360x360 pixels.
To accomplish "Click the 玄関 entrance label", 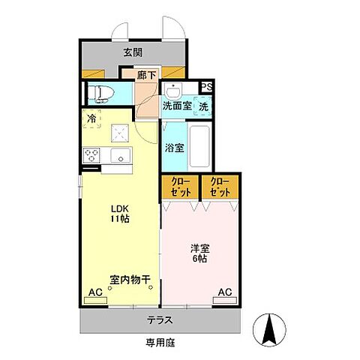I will coord(133,53).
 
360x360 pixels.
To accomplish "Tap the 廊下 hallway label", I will coord(146,74).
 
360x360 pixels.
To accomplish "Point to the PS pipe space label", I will coord(206,87).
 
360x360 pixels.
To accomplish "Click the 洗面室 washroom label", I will coord(177,106).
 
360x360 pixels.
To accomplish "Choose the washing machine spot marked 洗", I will coord(204,106).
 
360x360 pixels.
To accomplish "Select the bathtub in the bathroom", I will coord(198,148).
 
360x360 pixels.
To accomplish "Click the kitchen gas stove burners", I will coord(92,155).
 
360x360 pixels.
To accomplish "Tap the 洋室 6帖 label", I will coord(199,252).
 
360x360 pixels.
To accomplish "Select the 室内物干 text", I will coord(131,280).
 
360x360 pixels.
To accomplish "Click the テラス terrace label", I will coord(160,320).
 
